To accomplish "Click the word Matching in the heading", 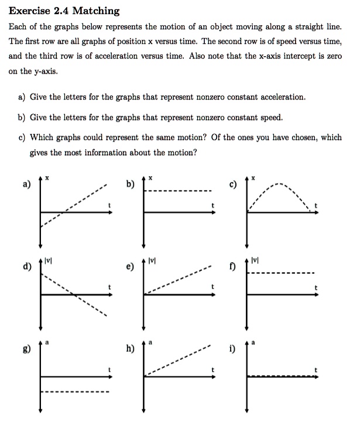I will [96, 11].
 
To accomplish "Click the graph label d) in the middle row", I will [25, 269].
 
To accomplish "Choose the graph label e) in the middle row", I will [129, 269].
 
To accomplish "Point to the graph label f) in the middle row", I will [232, 269].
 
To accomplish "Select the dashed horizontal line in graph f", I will [281, 273].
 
